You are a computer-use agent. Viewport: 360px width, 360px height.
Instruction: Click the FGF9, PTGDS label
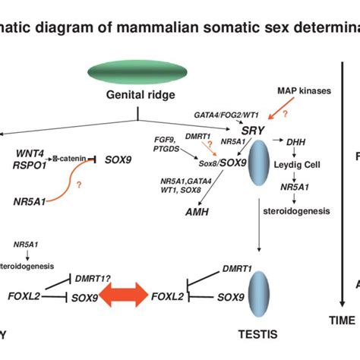tap(169, 144)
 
